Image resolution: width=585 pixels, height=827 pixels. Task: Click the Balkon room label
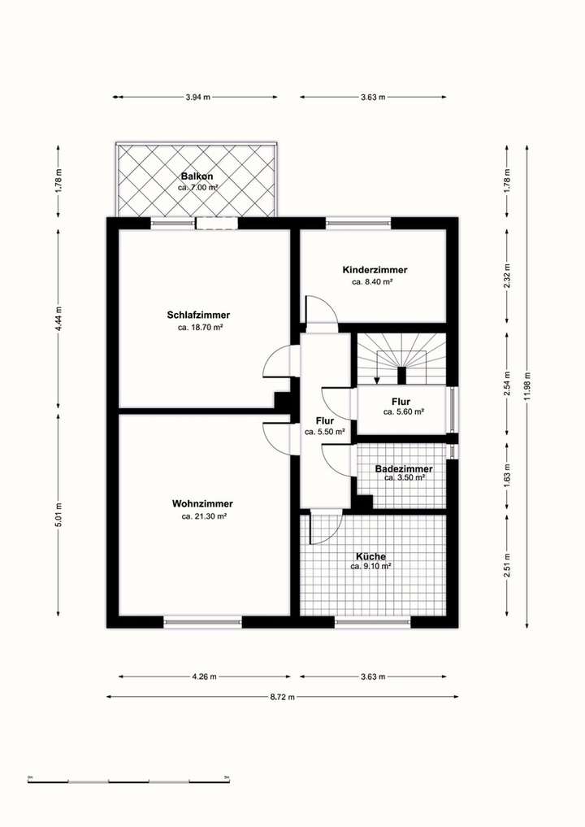(x=197, y=176)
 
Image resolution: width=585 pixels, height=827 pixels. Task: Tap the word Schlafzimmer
(x=198, y=315)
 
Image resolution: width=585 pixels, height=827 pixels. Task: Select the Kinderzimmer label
(x=375, y=270)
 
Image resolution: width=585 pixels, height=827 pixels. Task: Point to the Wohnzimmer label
(x=202, y=503)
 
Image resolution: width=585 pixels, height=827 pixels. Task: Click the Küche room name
(x=370, y=556)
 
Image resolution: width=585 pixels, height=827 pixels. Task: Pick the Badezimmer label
(x=403, y=469)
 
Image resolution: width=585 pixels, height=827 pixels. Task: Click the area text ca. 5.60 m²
(x=404, y=412)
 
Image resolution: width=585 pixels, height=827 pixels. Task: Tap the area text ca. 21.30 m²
(x=203, y=516)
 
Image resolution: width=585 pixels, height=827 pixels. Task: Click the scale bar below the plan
(x=128, y=780)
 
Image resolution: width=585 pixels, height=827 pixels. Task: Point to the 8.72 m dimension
(x=283, y=697)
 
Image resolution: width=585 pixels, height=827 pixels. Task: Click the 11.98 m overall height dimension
(x=527, y=386)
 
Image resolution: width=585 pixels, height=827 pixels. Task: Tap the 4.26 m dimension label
(x=205, y=677)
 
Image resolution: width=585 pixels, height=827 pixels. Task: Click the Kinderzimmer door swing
(x=318, y=310)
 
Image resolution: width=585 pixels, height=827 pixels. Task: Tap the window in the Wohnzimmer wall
(x=202, y=622)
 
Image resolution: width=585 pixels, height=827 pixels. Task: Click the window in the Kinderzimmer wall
(x=358, y=223)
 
